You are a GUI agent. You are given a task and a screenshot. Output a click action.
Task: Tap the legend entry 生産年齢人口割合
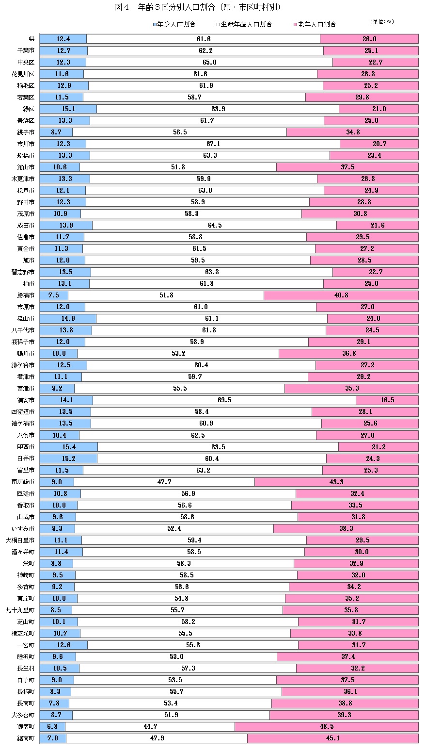[x=245, y=24]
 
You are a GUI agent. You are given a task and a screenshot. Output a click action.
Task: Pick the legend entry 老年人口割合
[x=315, y=24]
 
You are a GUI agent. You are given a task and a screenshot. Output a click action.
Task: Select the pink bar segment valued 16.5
[x=387, y=400]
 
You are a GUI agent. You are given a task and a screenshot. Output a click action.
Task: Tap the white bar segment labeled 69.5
[x=224, y=400]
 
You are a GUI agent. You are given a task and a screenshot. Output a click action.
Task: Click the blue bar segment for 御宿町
[x=52, y=726]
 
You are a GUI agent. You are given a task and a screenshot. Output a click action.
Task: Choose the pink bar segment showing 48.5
[x=326, y=726]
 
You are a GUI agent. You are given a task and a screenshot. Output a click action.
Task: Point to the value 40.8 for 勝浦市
[x=341, y=295]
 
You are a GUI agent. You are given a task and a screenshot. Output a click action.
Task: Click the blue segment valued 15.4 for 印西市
[x=68, y=447]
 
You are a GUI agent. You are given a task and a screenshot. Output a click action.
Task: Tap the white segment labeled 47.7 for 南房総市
[x=164, y=482]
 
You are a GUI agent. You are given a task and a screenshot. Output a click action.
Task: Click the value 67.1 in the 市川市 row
[x=213, y=144]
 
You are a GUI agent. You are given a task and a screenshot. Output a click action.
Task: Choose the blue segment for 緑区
[x=68, y=109]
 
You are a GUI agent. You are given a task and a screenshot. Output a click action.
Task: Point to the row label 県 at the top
[x=32, y=39]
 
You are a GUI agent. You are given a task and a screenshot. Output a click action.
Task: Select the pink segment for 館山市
[x=347, y=167]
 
